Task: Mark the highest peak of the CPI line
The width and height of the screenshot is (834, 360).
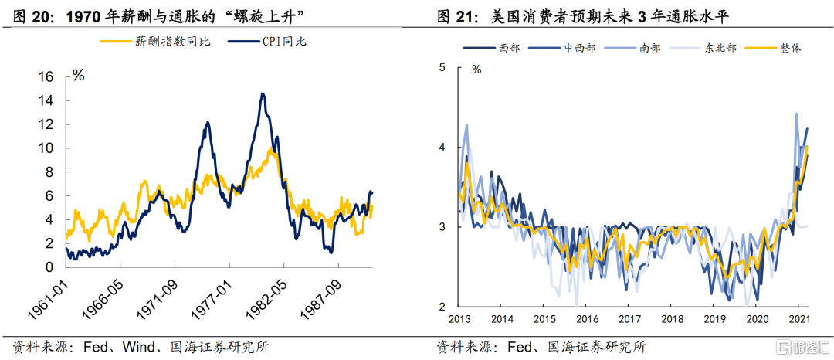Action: point(263,94)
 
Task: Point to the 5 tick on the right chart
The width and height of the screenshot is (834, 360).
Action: point(442,67)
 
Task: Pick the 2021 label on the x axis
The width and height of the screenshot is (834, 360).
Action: point(799,318)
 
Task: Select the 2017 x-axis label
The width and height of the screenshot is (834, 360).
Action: point(631,318)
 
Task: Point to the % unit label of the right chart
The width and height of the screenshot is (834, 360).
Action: point(476,69)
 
